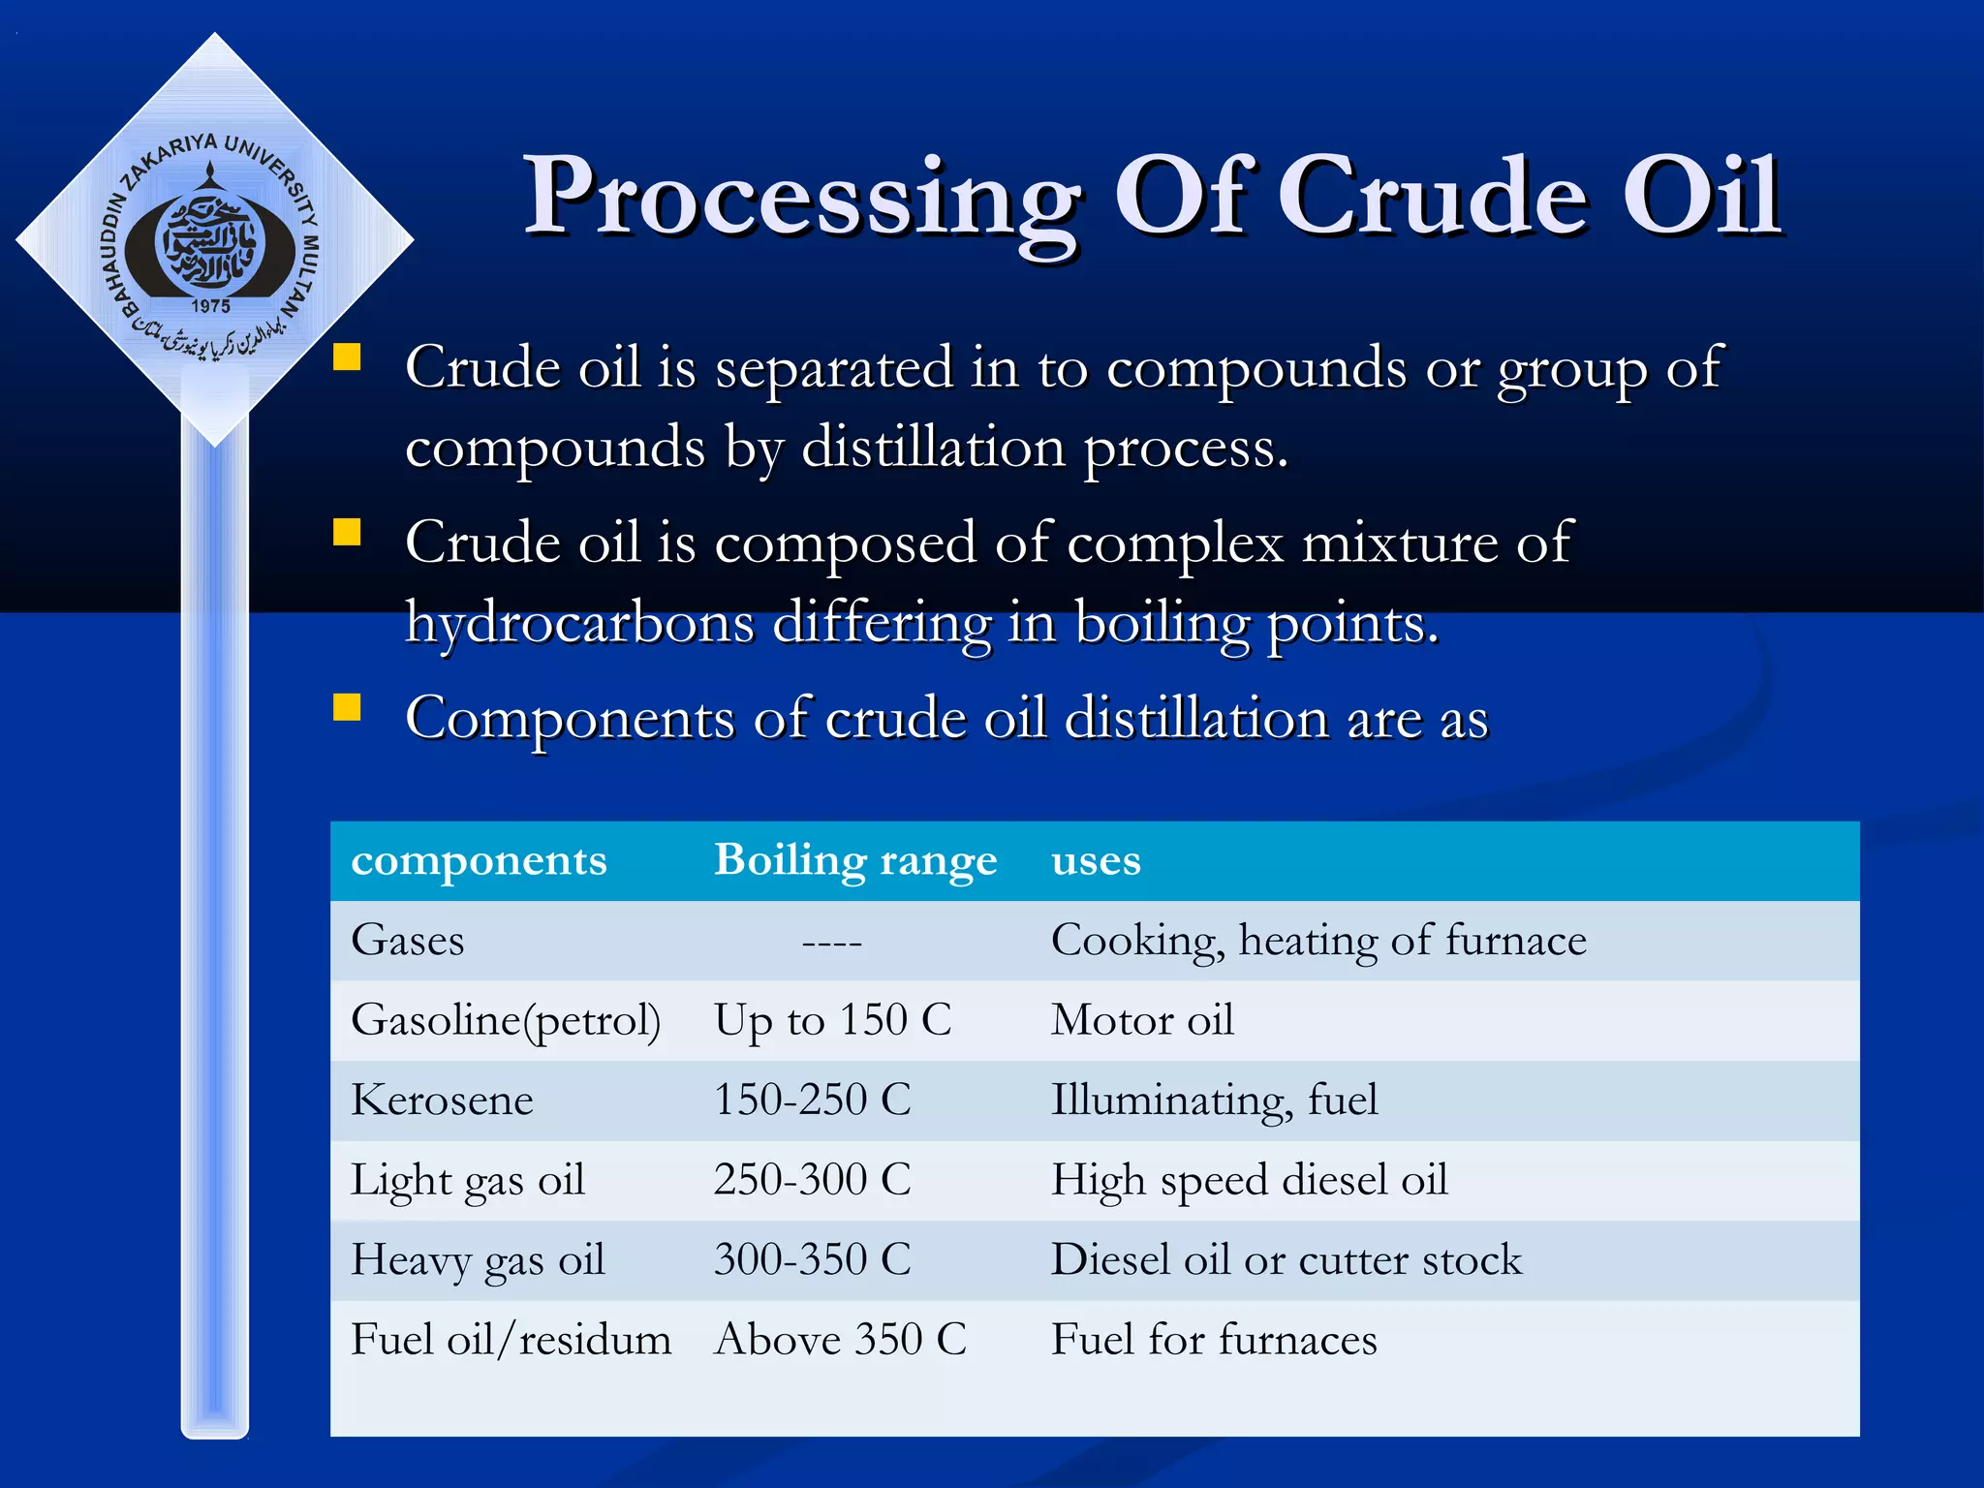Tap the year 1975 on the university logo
(210, 306)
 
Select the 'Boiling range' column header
(854, 860)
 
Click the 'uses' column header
(1096, 860)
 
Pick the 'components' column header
(479, 860)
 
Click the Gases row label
(408, 941)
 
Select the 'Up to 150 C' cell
(832, 1020)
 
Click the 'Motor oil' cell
(1142, 1020)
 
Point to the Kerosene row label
(442, 1100)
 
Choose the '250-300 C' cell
(812, 1180)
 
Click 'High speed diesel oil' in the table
(1249, 1180)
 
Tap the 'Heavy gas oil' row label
(478, 1260)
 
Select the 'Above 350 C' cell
(840, 1340)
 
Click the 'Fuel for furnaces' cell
(1214, 1340)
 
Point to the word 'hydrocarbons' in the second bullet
(579, 623)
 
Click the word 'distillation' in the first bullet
(933, 448)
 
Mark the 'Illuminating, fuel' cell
(1214, 1100)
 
